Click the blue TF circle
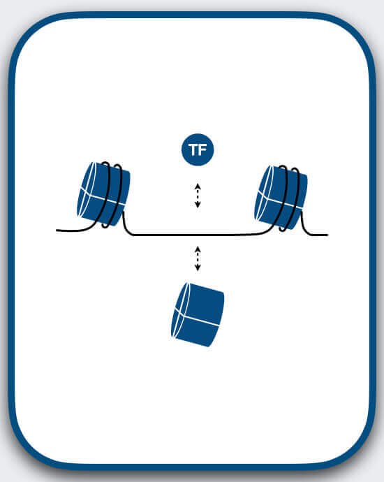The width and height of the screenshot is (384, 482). tap(198, 149)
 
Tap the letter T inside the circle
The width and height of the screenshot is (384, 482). tap(193, 149)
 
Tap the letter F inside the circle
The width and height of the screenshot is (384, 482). tap(202, 149)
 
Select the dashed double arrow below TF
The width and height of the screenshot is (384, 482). tap(198, 196)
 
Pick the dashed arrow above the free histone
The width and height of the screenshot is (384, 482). tap(198, 258)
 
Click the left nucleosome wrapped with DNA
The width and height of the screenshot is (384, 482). tap(103, 194)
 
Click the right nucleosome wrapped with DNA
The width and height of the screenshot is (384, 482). tap(281, 198)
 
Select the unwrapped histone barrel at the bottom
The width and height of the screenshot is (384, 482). tap(198, 314)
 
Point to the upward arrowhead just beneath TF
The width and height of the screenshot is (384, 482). tap(198, 186)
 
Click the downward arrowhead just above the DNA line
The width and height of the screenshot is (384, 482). tap(198, 205)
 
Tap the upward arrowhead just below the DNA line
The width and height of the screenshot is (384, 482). tap(198, 249)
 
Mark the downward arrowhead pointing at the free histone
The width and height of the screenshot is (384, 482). tap(198, 268)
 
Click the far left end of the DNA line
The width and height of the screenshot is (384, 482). tap(57, 230)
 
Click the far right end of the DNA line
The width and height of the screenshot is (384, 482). tap(327, 235)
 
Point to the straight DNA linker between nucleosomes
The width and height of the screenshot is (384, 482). tap(197, 235)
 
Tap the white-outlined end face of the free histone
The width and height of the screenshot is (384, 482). tap(180, 310)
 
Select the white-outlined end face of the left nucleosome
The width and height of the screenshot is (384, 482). tap(87, 190)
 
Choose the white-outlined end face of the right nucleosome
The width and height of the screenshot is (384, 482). tap(264, 193)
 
